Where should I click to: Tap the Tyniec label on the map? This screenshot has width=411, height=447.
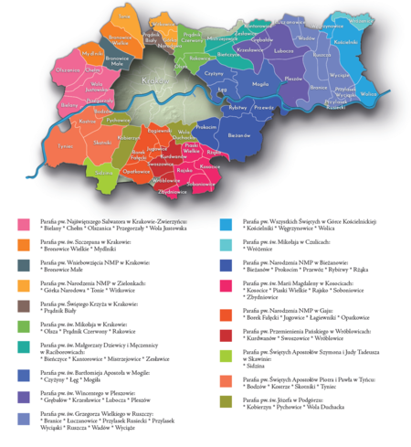pyautogui.click(x=64, y=145)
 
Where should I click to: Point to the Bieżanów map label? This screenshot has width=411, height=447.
pyautogui.click(x=238, y=133)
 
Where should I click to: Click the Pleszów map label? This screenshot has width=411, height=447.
pyautogui.click(x=293, y=79)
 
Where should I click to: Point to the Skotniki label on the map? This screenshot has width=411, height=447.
pyautogui.click(x=102, y=144)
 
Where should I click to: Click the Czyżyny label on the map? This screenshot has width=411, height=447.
pyautogui.click(x=216, y=73)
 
